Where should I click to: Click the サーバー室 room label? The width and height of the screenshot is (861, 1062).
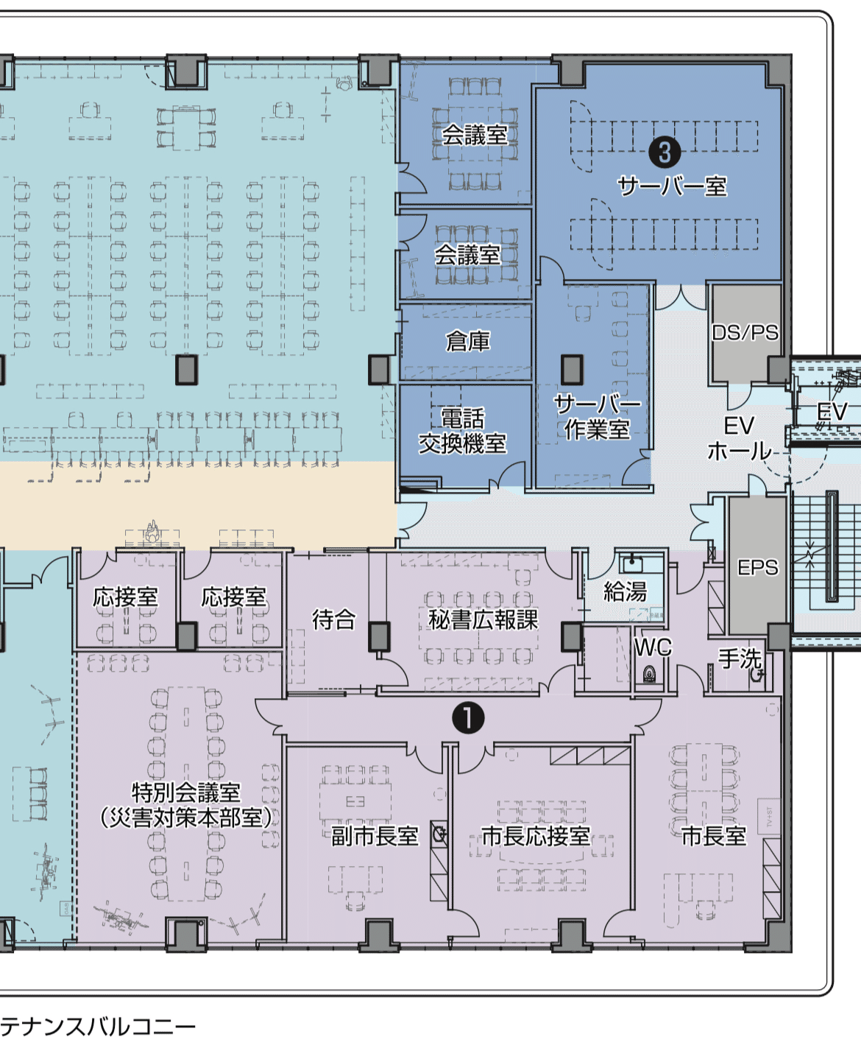tap(672, 186)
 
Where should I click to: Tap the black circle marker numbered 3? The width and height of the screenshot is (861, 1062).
tap(665, 152)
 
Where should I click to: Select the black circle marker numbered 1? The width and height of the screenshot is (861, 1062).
tap(468, 717)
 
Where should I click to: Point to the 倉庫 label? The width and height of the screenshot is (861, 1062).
tap(467, 342)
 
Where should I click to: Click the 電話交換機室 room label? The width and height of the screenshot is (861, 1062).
tap(462, 431)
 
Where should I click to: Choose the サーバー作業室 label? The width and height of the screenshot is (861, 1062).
tap(597, 416)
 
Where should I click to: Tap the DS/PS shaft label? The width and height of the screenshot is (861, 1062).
tap(745, 333)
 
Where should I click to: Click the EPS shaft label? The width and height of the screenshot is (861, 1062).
tap(757, 568)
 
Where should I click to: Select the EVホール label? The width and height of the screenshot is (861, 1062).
tap(739, 438)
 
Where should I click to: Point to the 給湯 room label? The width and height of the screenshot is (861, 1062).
tap(625, 591)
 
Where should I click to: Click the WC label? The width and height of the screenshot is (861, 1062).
tap(653, 647)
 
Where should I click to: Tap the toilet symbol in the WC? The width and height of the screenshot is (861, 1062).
tap(649, 674)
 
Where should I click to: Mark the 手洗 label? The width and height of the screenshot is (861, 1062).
tap(740, 658)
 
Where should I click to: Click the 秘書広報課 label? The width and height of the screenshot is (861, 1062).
tap(483, 620)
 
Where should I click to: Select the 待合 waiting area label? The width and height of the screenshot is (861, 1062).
tap(333, 620)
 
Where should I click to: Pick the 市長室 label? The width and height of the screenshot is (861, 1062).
tap(713, 836)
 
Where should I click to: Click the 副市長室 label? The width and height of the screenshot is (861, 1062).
tap(375, 836)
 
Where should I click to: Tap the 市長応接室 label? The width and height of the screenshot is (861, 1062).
tap(536, 836)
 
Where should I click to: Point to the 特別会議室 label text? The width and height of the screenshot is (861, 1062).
tap(186, 792)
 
